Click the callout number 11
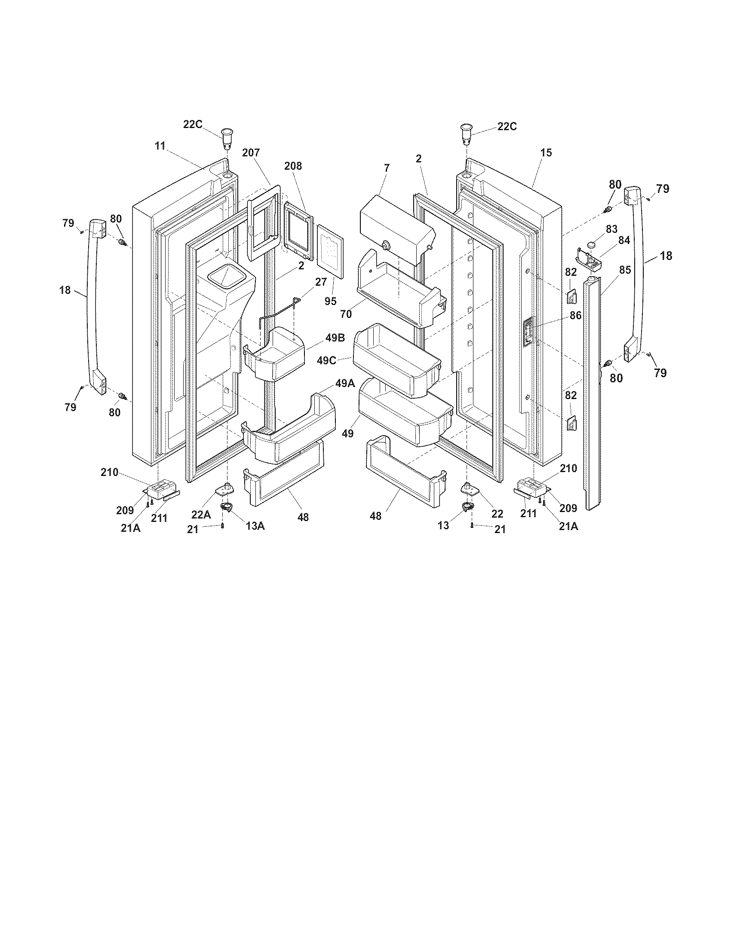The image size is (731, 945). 160,146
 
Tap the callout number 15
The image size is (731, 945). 546,153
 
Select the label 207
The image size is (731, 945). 251,152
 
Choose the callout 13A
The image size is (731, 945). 255,526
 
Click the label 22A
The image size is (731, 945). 201,515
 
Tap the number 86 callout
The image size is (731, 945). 575,316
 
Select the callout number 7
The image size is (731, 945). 387,168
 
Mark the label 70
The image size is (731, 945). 346,314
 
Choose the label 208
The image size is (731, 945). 293,166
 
